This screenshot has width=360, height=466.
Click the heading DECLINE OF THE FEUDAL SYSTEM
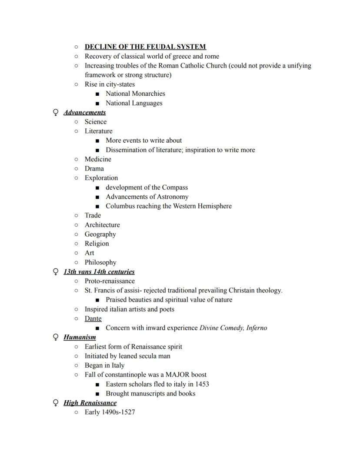pyautogui.click(x=145, y=47)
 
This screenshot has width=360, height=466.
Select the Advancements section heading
pyautogui.click(x=84, y=112)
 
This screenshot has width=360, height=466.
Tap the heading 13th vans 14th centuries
pyautogui.click(x=99, y=272)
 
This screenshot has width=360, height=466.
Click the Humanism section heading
pyautogui.click(x=80, y=337)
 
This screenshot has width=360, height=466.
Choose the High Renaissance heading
pyautogui.click(x=90, y=403)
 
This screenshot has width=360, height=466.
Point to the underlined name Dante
pyautogui.click(x=93, y=318)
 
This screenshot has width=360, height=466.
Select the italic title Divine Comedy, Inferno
pyautogui.click(x=233, y=328)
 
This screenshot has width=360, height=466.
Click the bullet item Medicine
pyautogui.click(x=98, y=159)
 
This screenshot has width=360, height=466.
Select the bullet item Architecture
pyautogui.click(x=102, y=225)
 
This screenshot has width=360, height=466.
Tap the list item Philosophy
pyautogui.click(x=100, y=262)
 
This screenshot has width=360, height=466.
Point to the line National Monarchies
pyautogui.click(x=135, y=94)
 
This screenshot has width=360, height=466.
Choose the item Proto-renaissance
pyautogui.click(x=110, y=281)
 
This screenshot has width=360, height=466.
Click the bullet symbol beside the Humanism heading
pyautogui.click(x=56, y=337)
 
